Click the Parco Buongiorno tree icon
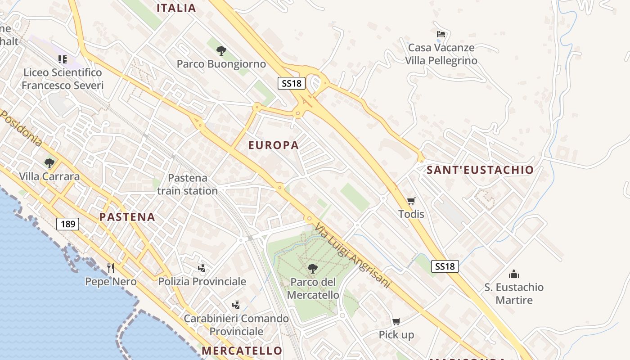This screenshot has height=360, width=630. [x=221, y=50]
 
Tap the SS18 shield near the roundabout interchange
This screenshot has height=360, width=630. [x=292, y=83]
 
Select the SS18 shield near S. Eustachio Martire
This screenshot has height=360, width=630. [x=445, y=266]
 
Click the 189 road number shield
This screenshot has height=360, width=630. [x=67, y=224]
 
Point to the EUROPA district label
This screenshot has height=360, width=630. [x=274, y=145]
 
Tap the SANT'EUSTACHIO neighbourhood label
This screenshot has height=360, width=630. [x=480, y=170]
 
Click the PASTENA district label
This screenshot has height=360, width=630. [x=127, y=217]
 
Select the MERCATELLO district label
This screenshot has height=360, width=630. [x=242, y=351]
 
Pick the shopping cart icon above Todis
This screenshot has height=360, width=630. [x=411, y=201]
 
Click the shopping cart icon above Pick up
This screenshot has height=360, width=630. [x=396, y=321]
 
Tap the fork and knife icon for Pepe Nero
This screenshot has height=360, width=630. [x=111, y=268]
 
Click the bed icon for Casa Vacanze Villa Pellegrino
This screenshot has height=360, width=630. [x=441, y=34]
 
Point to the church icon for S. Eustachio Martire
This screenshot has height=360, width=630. [x=514, y=274]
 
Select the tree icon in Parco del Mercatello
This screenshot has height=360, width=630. [x=312, y=269]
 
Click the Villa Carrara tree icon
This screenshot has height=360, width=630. [x=49, y=163]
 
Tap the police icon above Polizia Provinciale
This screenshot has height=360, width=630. [x=202, y=268]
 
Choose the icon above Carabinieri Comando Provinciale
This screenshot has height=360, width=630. [x=236, y=305]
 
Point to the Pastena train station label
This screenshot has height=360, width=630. [x=187, y=184]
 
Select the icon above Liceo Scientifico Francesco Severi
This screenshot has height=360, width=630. [x=63, y=59]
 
